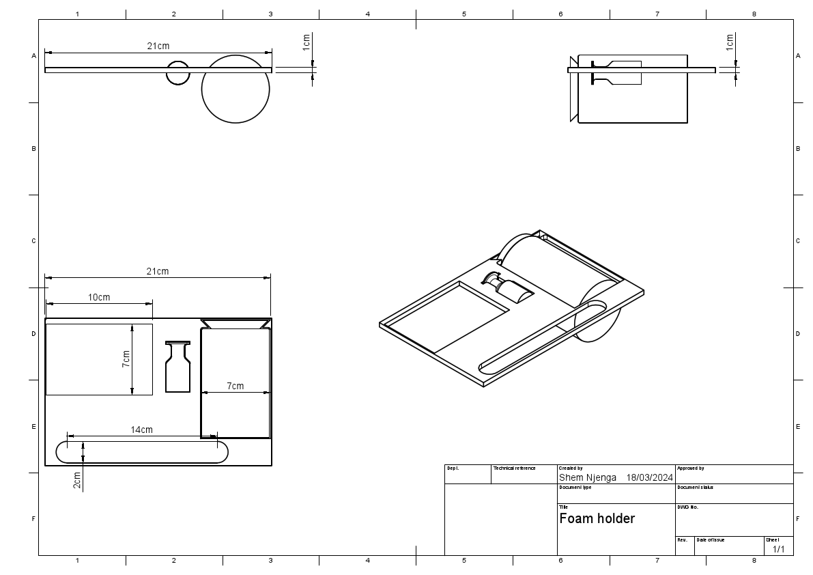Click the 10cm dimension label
coord(99,297)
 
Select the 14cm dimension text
coord(142,430)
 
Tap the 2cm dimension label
coord(77,480)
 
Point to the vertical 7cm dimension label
coord(126,359)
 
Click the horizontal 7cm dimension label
coord(235,386)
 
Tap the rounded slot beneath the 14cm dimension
coord(142,452)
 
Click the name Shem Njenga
coord(587,477)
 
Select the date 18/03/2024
coord(649,477)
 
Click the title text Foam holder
coord(597,518)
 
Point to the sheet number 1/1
coord(778,549)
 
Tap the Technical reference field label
coord(515,468)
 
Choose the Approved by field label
coord(690,468)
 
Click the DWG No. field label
coord(687,507)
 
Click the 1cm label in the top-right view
coord(730,42)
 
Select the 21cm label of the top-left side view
coord(158,46)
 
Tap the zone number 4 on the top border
coord(367,14)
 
